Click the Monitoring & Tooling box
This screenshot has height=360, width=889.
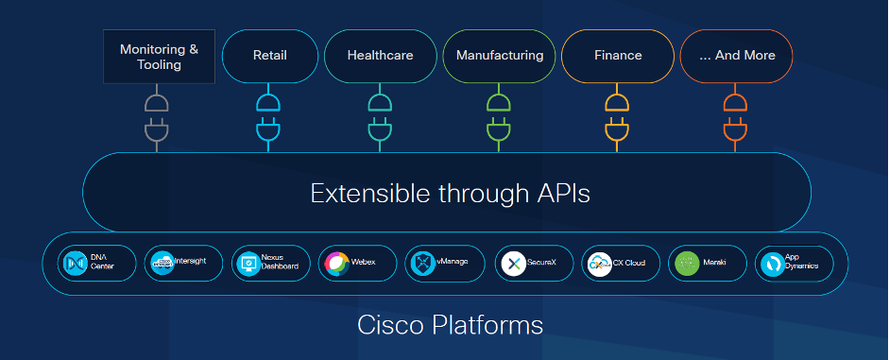coord(159,57)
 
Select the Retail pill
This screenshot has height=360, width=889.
coord(270,56)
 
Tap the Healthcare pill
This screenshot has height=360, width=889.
coord(381,56)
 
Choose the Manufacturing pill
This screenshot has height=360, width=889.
coord(500,56)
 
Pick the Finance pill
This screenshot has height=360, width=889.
coord(618,56)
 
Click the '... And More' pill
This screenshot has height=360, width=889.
coord(737,56)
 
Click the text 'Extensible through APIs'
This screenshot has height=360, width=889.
coord(451,194)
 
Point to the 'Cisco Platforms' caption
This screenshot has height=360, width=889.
coord(451,325)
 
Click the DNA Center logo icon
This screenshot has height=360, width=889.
coord(75,264)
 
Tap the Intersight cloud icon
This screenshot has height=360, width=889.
coord(162,264)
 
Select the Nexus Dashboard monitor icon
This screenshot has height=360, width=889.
coord(248,264)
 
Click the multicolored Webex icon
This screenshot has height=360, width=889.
coord(336,264)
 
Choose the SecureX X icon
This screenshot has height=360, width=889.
coord(513,264)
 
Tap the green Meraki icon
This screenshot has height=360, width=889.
coord(687,264)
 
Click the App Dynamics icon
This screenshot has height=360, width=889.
coord(772,264)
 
